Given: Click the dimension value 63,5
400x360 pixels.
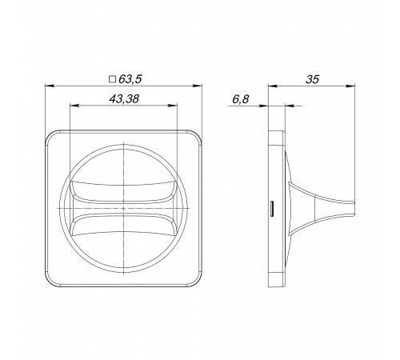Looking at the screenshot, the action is tap(130, 79).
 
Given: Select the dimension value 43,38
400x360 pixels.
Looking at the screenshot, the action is tap(124, 99).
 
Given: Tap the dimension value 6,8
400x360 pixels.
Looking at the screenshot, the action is tap(241, 99).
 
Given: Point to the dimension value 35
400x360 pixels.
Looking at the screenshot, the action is tap(312, 79).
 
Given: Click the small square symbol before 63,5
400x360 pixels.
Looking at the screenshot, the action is tap(113, 79).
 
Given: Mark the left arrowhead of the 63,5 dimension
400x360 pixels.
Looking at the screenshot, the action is tap(50, 86).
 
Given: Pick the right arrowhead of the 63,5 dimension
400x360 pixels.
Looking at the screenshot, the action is tap(198, 86).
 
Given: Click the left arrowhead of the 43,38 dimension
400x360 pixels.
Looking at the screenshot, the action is tap(74, 106).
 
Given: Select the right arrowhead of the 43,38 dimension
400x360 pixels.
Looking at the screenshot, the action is tap(172, 106).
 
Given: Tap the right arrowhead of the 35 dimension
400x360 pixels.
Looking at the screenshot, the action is tap(350, 86).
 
